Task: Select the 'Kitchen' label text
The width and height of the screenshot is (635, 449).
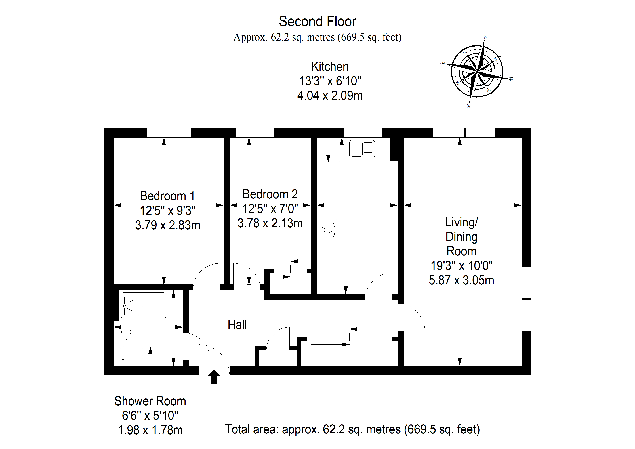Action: coord(330,67)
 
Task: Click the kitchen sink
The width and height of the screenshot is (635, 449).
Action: coord(362,149)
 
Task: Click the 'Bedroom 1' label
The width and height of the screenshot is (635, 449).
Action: coord(167,196)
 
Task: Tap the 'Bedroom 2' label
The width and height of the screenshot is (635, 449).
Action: coord(270,194)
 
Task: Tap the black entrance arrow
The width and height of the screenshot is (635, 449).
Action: coord(214,377)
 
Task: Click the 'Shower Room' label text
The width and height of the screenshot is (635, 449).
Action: coord(150,401)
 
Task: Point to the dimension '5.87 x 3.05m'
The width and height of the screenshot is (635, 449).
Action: coord(461,280)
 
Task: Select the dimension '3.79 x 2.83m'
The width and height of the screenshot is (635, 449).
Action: coord(168,225)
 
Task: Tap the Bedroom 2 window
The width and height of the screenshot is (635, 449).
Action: coord(255,133)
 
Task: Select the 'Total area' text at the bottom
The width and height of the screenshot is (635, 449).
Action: coord(352,429)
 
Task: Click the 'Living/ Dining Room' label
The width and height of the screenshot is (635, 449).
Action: coord(461,237)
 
